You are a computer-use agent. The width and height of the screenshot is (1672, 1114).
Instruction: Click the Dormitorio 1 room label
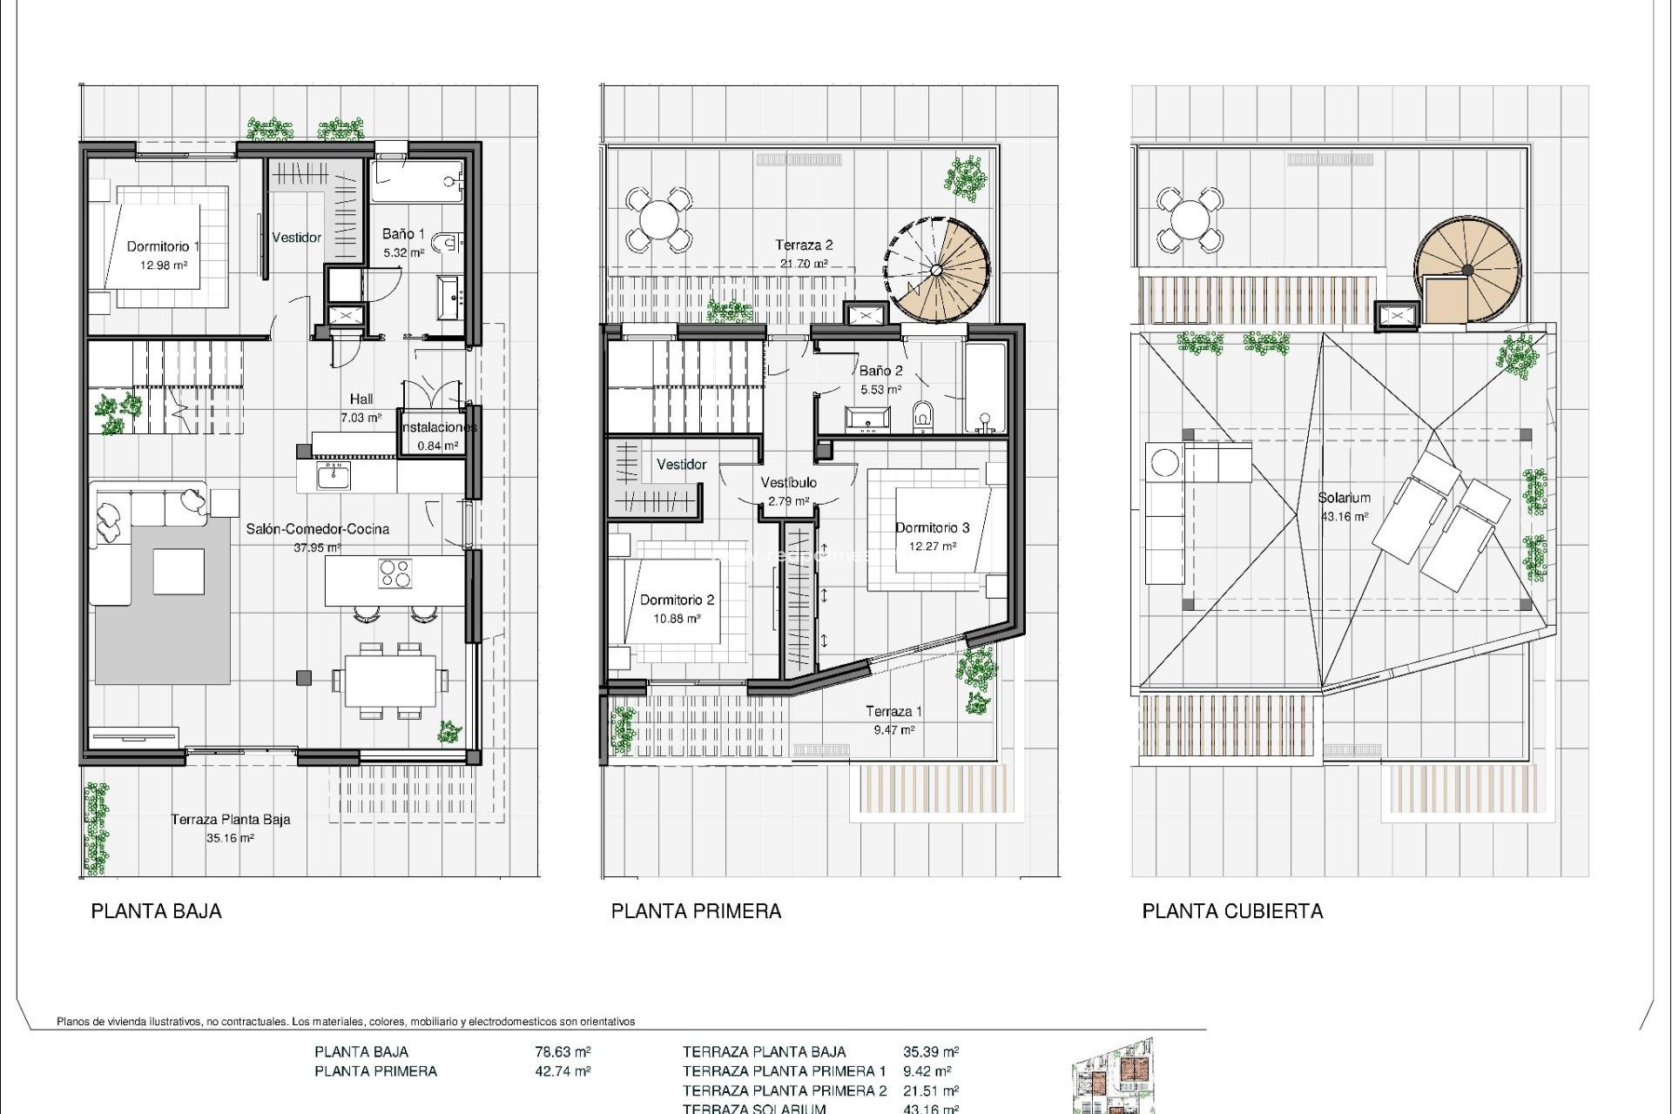click(x=163, y=246)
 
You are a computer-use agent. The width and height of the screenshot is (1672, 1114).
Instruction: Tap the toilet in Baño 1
click(x=448, y=243)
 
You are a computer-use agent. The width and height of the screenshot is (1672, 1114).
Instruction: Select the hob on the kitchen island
click(x=395, y=574)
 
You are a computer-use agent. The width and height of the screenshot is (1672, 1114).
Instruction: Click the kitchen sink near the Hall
click(x=334, y=476)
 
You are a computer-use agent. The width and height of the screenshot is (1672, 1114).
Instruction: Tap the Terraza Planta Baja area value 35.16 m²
click(x=230, y=838)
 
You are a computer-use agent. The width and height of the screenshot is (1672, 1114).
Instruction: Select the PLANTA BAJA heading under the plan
click(x=157, y=911)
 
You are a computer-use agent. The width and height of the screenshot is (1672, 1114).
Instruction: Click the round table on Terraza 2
click(x=659, y=219)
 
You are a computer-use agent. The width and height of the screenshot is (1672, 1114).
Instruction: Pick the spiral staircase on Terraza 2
click(x=937, y=269)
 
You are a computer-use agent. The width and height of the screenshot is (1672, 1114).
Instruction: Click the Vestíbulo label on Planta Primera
click(x=788, y=482)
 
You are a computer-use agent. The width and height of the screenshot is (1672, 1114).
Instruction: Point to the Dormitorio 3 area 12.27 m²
click(x=933, y=547)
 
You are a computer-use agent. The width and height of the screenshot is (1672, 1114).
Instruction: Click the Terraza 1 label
click(x=893, y=711)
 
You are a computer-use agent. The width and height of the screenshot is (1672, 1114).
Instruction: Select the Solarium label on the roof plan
click(x=1344, y=498)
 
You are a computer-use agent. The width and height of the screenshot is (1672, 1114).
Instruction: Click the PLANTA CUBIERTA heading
click(x=1232, y=911)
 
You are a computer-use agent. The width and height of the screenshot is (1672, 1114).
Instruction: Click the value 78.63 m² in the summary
click(x=563, y=1051)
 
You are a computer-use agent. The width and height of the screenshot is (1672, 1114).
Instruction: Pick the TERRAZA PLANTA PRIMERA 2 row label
click(x=785, y=1091)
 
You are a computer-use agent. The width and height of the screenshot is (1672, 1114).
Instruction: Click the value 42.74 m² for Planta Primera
click(x=563, y=1071)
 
